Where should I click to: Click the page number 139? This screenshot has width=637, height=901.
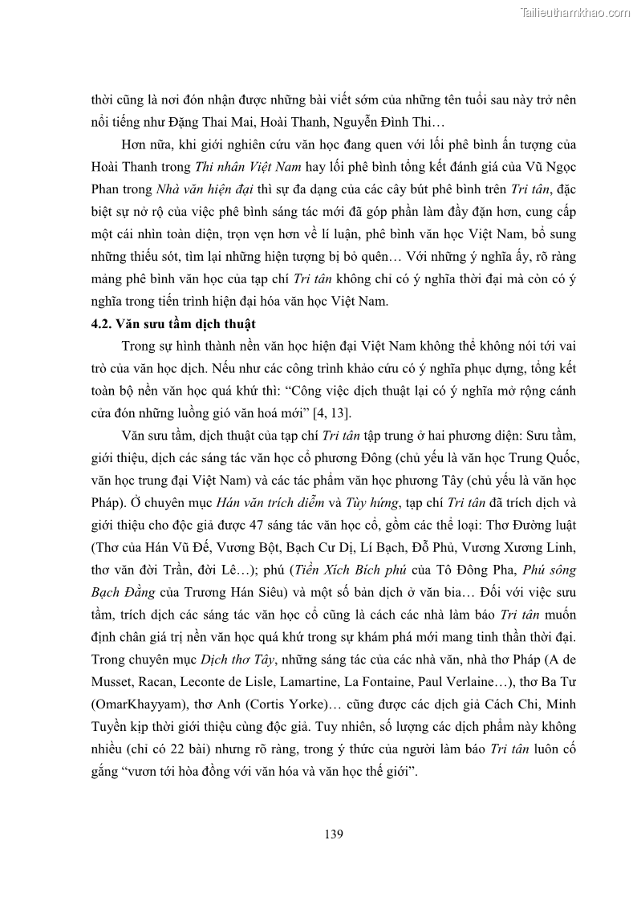pos(335,834)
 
